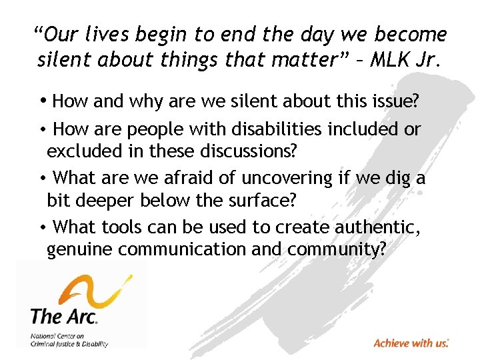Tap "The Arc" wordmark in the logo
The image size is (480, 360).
[64, 314]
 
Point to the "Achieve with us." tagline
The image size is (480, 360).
[411, 343]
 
